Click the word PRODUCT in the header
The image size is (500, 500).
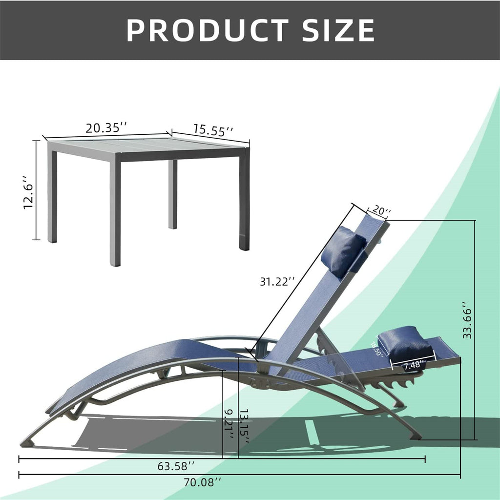click(208, 30)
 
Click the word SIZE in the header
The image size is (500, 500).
click(338, 30)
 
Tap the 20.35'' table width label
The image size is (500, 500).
click(106, 128)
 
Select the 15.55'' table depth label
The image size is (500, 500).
click(213, 130)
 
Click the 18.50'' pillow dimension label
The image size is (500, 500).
click(377, 350)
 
